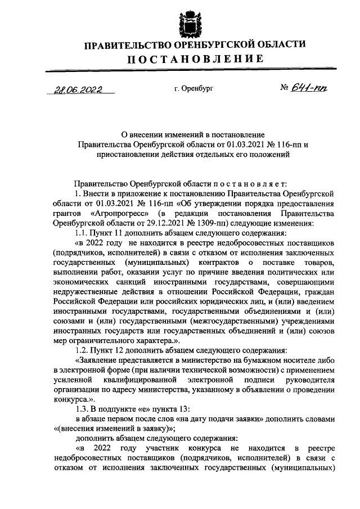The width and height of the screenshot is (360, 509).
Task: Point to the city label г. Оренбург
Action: click(193, 89)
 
